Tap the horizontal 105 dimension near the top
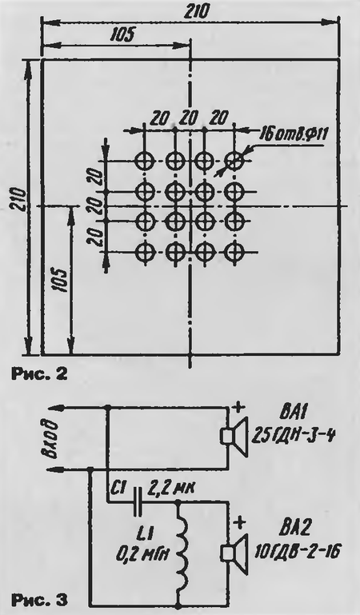coord(121,35)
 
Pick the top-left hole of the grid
coord(146,161)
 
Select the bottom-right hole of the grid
coord(234,251)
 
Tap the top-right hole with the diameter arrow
coord(234,161)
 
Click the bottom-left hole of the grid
coord(146,251)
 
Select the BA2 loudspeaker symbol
coord(234,553)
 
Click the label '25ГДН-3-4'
coord(293,436)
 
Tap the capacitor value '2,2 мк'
coord(172,489)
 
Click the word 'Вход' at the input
coord(51,437)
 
